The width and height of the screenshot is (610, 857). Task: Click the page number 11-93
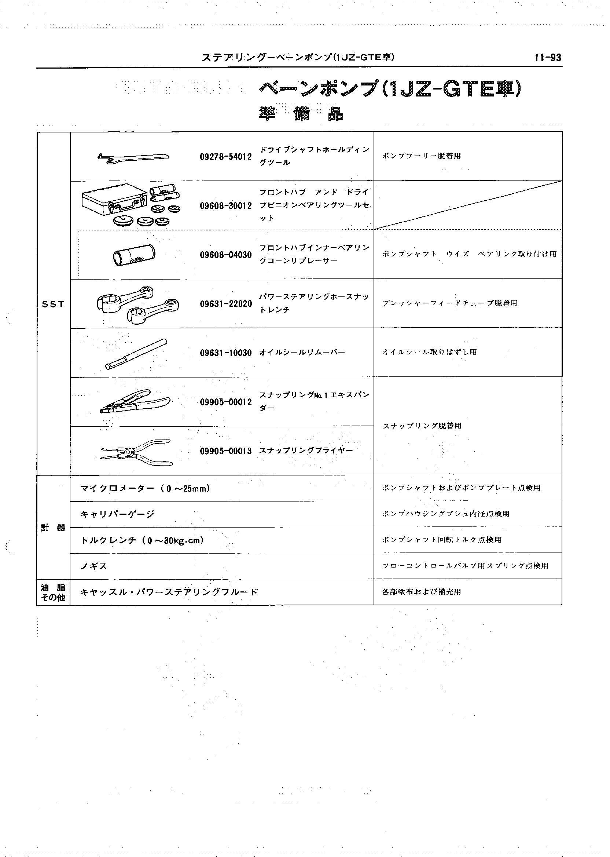[548, 58]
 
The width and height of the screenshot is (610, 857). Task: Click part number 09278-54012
[225, 157]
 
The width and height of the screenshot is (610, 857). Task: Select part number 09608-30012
[225, 206]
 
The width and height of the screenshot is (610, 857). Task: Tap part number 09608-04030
[225, 255]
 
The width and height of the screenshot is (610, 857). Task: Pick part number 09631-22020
[225, 304]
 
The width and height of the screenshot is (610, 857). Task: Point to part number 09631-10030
[225, 353]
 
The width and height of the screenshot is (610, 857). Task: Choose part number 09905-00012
[225, 402]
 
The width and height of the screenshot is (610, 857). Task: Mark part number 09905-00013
[225, 451]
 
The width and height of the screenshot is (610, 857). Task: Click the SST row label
[53, 304]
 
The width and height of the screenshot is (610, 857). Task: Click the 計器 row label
[53, 528]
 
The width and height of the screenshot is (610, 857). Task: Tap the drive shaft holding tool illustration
[133, 158]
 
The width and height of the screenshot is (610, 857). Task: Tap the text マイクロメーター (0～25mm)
[145, 489]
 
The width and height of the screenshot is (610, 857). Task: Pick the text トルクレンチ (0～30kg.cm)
[142, 540]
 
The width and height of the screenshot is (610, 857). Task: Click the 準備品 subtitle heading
[301, 113]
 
